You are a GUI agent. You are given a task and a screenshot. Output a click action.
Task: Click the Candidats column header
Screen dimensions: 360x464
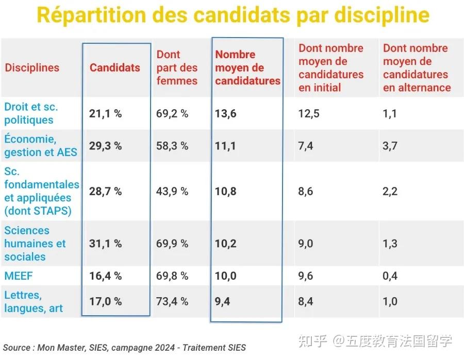tap(115, 67)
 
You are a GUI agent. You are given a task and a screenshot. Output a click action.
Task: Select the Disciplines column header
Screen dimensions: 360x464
tap(32, 67)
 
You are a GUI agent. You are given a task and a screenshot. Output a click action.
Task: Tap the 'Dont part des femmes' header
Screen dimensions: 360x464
tap(177, 67)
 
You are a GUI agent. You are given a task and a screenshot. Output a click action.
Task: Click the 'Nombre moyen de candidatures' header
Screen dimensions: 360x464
tap(247, 67)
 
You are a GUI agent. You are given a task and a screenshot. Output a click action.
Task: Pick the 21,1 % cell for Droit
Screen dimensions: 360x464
tap(105, 114)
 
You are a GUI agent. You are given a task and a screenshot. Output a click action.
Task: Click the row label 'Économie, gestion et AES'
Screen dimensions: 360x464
tap(40, 146)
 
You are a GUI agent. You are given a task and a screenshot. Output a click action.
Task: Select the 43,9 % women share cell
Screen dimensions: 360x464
tap(172, 191)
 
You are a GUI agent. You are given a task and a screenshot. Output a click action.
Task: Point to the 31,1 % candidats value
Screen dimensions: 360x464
tap(105, 244)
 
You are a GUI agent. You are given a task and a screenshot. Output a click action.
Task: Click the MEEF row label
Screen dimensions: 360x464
tap(19, 276)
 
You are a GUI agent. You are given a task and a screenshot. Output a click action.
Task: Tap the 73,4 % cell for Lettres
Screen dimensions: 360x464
tap(172, 302)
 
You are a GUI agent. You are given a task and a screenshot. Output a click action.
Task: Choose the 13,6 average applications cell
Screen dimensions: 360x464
tap(226, 114)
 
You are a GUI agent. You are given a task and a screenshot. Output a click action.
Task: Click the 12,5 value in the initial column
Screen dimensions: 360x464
tap(309, 114)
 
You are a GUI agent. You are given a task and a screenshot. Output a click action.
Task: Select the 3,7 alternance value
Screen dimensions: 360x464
tap(390, 146)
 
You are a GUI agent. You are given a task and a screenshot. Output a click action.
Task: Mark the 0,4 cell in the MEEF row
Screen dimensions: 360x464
tap(390, 276)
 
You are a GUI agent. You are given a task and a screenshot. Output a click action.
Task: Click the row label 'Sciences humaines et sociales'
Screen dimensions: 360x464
tap(35, 244)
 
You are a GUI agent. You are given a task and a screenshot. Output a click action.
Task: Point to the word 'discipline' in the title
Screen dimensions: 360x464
tap(385, 15)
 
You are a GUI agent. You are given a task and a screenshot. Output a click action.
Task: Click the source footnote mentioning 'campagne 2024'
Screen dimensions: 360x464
tap(124, 347)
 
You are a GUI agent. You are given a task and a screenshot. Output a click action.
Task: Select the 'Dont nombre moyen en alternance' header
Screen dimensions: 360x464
tap(417, 67)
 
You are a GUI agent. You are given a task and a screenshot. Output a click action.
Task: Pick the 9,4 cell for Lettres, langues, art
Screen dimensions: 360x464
tap(222, 302)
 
